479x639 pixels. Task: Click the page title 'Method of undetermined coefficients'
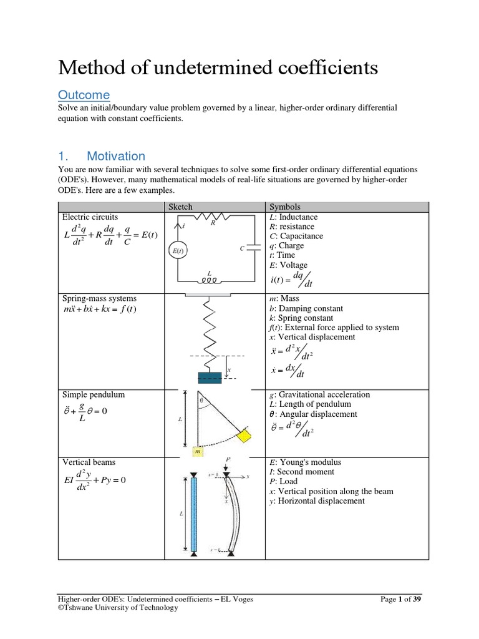tap(218, 67)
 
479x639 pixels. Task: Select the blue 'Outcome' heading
tap(84, 95)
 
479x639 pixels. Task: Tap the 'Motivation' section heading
tap(115, 156)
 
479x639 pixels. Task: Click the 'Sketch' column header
tap(180, 207)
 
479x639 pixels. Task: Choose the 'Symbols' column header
tap(284, 207)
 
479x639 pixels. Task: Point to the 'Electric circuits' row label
tap(90, 217)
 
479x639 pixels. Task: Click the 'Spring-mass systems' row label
tap(99, 299)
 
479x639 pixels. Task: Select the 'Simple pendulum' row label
tap(94, 394)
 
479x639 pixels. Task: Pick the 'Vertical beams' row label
tap(89, 462)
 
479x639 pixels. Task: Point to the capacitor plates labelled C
tap(253, 248)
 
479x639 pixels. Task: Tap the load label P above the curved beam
tap(228, 459)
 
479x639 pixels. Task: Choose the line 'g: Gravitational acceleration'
tap(319, 394)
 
